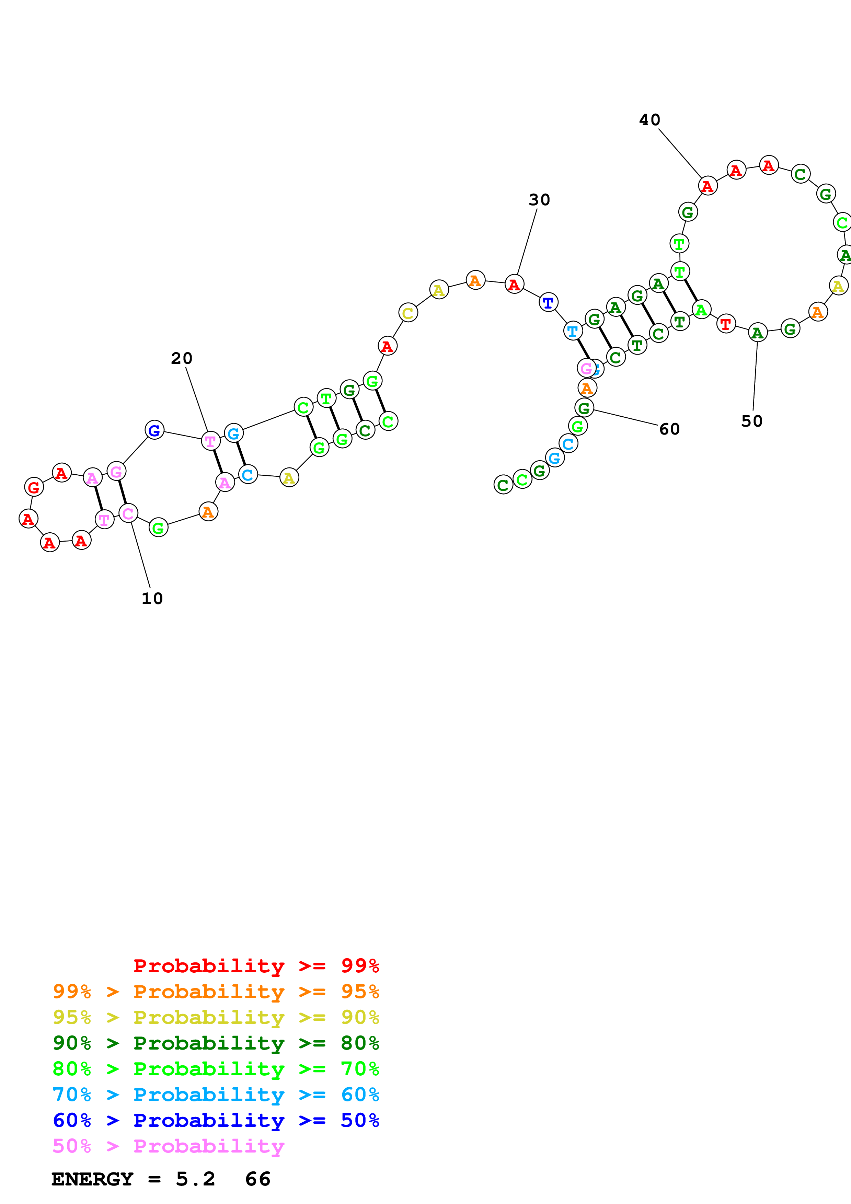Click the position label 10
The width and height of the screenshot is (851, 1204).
tap(152, 598)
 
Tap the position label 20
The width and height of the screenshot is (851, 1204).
tap(181, 358)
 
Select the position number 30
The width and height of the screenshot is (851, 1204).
tap(539, 200)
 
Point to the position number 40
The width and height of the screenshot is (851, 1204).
tap(649, 120)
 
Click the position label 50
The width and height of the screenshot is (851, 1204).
tap(751, 421)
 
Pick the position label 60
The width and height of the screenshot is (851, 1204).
tap(669, 429)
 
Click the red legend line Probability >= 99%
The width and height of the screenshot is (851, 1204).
tap(256, 965)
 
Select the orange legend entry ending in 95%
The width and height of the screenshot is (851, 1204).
tap(216, 991)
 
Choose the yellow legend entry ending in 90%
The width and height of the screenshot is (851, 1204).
tap(216, 1017)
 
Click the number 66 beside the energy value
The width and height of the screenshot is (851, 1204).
tap(257, 1179)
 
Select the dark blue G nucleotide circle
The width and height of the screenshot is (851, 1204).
tap(154, 430)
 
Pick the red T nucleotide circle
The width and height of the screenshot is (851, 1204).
tap(726, 324)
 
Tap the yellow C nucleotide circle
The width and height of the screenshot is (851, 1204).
tap(407, 313)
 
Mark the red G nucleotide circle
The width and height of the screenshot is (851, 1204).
tap(34, 487)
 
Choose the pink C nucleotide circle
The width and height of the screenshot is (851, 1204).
tap(128, 513)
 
